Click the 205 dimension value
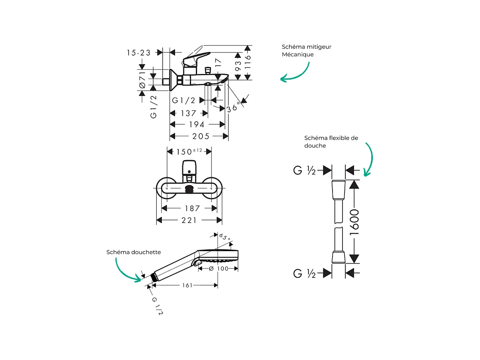[201, 136]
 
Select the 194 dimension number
[196, 125]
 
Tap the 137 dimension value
[188, 113]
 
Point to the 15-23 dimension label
[139, 52]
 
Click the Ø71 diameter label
[142, 80]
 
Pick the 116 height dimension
[248, 63]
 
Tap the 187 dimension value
[192, 208]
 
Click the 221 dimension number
[189, 220]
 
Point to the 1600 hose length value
[354, 222]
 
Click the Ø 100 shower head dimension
[219, 268]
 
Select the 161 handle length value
[187, 285]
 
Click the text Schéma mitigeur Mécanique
[306, 50]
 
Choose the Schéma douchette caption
[133, 252]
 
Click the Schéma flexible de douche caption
[331, 142]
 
